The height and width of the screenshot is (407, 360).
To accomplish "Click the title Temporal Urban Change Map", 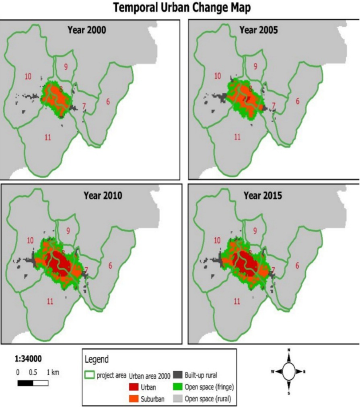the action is (x=182, y=8).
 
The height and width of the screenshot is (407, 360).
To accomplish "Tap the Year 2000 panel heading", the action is (x=87, y=30).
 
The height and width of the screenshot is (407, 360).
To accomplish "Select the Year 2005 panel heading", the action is (x=259, y=30).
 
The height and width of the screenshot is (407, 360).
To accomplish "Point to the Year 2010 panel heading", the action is (x=103, y=195).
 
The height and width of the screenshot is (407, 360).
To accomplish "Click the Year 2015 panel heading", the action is (x=263, y=195).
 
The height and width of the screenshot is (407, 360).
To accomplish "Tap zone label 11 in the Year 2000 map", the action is (x=48, y=137).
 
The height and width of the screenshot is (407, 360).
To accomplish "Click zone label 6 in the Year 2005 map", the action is (x=297, y=101).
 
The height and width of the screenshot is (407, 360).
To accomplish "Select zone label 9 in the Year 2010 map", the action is (x=68, y=231).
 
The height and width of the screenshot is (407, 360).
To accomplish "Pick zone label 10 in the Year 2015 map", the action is (x=217, y=240).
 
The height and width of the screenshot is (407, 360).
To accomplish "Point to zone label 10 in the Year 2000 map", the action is (x=28, y=76).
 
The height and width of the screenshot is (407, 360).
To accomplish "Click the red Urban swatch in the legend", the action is (x=134, y=387).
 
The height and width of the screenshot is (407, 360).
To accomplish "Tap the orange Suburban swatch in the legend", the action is (x=134, y=399).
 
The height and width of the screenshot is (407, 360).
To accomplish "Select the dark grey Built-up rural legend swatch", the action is (x=177, y=375).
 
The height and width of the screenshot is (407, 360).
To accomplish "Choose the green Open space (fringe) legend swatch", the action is (x=177, y=387).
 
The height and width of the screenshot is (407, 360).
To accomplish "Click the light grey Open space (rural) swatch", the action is (x=177, y=399).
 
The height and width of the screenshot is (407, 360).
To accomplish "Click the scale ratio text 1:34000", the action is (x=28, y=359).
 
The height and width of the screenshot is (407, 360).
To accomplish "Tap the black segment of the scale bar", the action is (x=25, y=383).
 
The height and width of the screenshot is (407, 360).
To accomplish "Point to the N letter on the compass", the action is (x=289, y=350).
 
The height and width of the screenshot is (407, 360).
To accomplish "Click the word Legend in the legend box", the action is (x=97, y=360).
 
